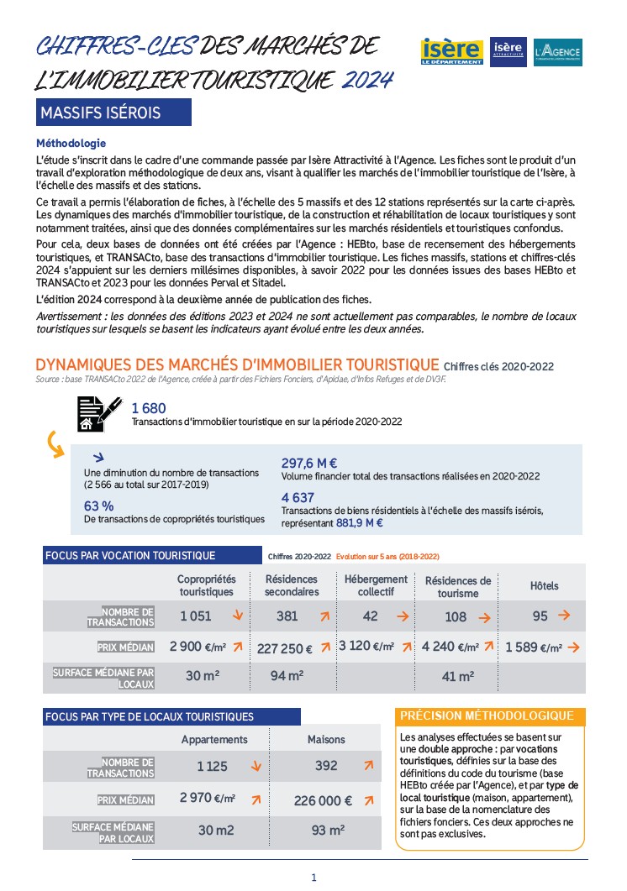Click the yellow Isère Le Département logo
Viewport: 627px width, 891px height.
click(x=452, y=52)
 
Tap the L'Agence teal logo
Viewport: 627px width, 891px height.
click(x=557, y=52)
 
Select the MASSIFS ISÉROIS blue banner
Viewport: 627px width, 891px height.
click(x=113, y=112)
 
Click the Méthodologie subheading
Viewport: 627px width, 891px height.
click(x=71, y=144)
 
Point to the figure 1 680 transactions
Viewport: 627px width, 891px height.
click(x=149, y=408)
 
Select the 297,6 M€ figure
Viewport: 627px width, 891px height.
click(x=308, y=463)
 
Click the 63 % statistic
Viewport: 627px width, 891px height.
click(x=98, y=506)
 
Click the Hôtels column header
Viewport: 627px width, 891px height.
click(x=544, y=585)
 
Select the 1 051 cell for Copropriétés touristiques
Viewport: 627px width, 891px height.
click(x=196, y=616)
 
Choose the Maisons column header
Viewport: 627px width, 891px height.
click(x=326, y=739)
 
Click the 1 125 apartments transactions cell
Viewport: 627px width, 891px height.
click(x=213, y=766)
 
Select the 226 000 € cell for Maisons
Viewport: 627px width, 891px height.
click(x=324, y=801)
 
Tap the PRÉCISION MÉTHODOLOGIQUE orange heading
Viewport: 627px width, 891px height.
click(x=487, y=716)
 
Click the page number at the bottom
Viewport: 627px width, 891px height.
click(x=313, y=878)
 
